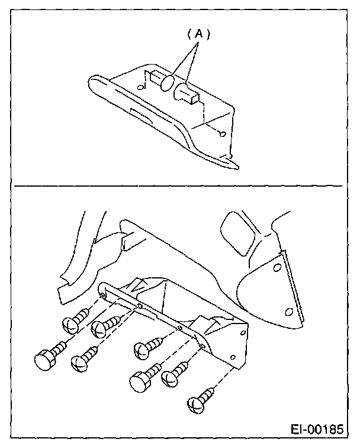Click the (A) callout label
coord(200,35)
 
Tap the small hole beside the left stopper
coord(140,87)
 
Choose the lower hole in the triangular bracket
coord(288,310)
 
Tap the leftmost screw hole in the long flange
coord(103,294)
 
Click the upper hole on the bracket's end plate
coord(242,335)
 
